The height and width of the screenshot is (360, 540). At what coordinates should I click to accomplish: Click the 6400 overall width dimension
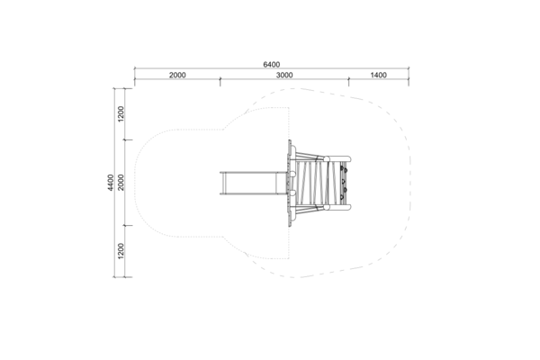272,65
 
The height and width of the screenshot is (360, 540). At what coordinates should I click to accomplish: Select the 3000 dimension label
284,75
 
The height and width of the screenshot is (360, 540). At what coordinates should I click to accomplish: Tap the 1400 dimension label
379,75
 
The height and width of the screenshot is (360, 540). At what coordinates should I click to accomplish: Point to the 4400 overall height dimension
110,183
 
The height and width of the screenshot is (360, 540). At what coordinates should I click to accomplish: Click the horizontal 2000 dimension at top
177,75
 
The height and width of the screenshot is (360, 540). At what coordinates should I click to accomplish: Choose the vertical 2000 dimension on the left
121,183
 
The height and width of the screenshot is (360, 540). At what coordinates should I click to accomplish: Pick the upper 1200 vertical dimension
121,114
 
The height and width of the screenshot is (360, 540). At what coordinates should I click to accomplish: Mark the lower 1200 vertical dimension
121,251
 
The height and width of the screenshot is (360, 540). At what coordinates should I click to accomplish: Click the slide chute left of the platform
253,183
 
